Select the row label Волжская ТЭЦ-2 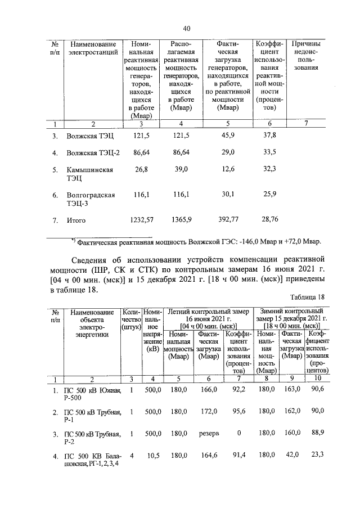92,152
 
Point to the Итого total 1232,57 141,220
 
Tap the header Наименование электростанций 93,48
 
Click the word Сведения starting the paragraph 96,260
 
